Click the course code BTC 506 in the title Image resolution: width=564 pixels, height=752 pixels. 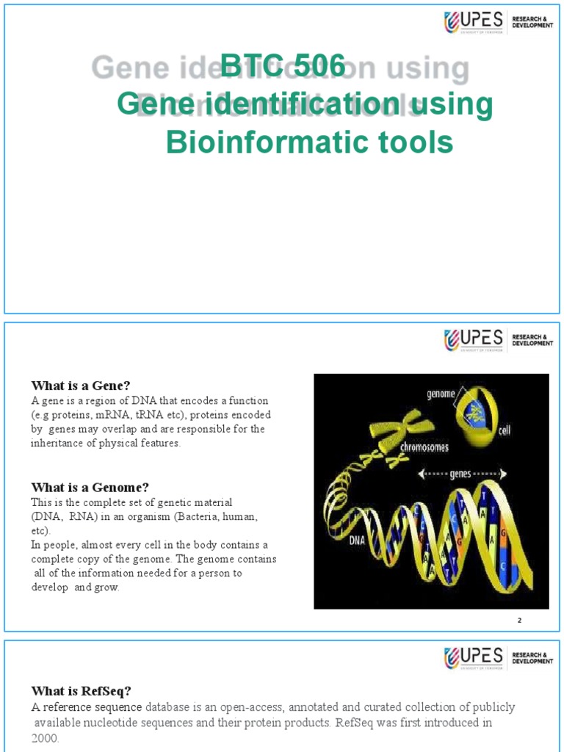click(283, 67)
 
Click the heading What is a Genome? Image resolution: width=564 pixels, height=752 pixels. click(90, 487)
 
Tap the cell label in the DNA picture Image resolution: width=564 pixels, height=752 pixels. click(504, 430)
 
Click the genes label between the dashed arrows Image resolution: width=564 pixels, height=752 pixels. click(460, 474)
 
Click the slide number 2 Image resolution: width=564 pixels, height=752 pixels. click(519, 621)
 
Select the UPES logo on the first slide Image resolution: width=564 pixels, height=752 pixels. click(474, 23)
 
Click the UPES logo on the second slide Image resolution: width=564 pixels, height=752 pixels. click(474, 340)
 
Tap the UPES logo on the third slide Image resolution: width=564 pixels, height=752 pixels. click(474, 657)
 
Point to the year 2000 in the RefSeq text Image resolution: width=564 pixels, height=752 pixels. click(44, 737)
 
